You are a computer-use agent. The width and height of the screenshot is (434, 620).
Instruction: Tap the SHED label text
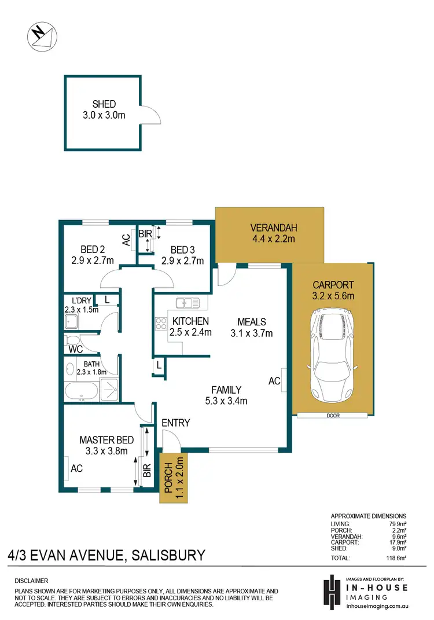[104, 104]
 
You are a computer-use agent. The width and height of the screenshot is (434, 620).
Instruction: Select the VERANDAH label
[270, 227]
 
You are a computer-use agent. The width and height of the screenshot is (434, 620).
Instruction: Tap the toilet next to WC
[72, 339]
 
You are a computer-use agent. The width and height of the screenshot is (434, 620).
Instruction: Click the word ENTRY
[176, 423]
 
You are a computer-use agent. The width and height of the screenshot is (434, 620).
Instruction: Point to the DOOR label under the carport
[332, 416]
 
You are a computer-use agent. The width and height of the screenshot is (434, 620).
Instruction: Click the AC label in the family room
[274, 381]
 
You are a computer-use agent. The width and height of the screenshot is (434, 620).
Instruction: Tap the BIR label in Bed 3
[145, 234]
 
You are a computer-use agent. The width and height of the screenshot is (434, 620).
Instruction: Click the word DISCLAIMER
[31, 580]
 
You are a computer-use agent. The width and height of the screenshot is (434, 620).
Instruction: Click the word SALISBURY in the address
[168, 556]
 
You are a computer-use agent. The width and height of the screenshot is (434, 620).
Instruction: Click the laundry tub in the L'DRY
[72, 322]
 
